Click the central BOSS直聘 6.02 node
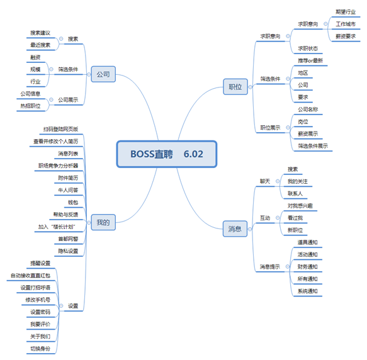[167, 154]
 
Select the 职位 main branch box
[235, 87]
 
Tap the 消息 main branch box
[235, 228]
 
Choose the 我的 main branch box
[103, 222]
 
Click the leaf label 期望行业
[346, 12]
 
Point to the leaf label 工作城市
[346, 24]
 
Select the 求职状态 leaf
[308, 48]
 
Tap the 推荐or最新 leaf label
[310, 60]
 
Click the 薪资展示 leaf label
[308, 133]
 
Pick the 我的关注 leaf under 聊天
[298, 181]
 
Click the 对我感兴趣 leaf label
[300, 206]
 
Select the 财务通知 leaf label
[307, 267]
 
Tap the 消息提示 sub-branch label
[269, 267]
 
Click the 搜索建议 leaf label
[40, 33]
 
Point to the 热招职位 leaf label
[30, 106]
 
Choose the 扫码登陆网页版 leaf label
[60, 129]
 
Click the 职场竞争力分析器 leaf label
[58, 166]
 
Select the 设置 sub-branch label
[73, 306]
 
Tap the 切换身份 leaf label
[40, 349]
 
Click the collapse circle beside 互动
[278, 218]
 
